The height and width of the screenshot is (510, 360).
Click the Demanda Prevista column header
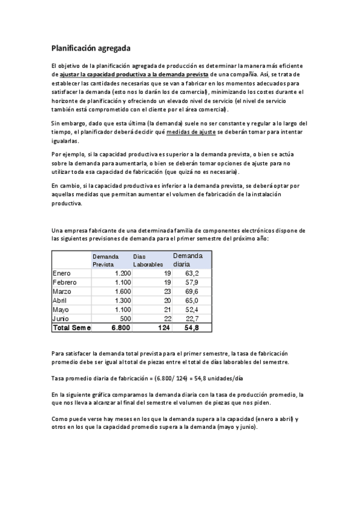tap(106, 260)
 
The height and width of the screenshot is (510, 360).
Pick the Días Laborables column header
tap(148, 260)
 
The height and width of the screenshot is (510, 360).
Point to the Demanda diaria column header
tap(189, 260)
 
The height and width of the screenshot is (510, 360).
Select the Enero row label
tap(62, 273)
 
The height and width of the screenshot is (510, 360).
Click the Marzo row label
tap(63, 291)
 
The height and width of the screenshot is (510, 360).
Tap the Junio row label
tap(61, 318)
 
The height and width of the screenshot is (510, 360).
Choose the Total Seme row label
tap(72, 328)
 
